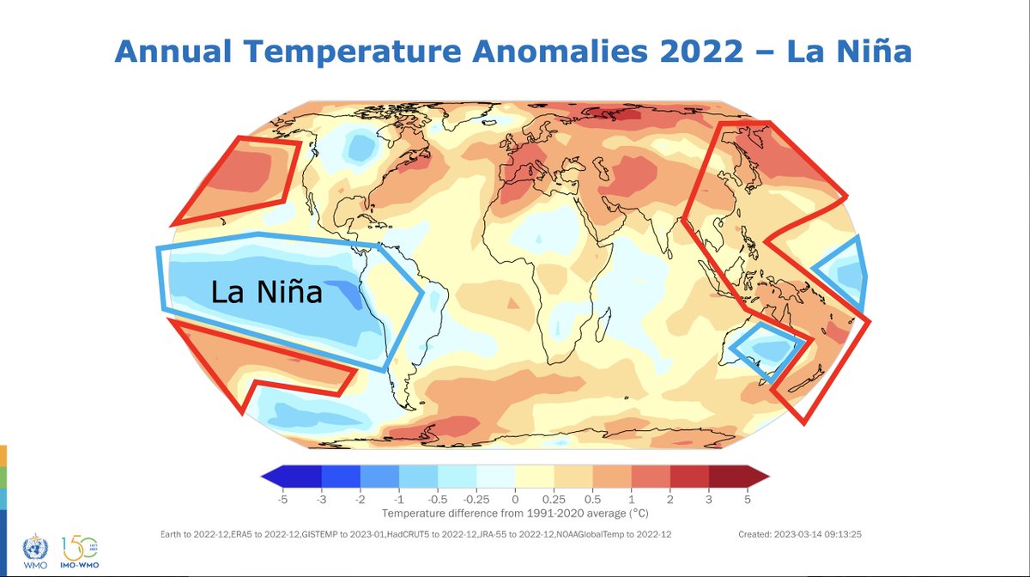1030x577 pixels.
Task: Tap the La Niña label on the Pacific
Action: pyautogui.click(x=267, y=293)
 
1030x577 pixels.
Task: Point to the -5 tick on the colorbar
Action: pyautogui.click(x=282, y=497)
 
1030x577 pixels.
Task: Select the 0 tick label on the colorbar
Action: pyautogui.click(x=515, y=497)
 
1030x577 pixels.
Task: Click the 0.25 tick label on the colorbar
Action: pyautogui.click(x=554, y=497)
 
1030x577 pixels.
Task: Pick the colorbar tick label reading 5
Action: pyautogui.click(x=748, y=497)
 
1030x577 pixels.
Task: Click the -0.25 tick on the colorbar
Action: pyautogui.click(x=476, y=497)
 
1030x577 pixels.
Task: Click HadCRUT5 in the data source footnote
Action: pyautogui.click(x=445, y=534)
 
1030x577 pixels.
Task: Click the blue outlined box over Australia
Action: pyautogui.click(x=766, y=351)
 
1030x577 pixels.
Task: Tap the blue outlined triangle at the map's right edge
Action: pyautogui.click(x=845, y=273)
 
